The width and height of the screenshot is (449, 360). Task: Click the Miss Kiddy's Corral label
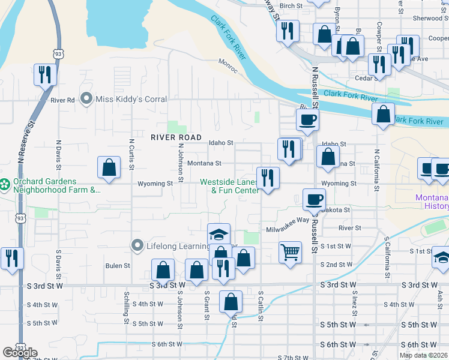pyautogui.click(x=124, y=99)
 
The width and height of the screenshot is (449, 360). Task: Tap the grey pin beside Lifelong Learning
pyautogui.click(x=137, y=245)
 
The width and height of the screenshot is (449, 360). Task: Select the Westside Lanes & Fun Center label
pyautogui.click(x=229, y=186)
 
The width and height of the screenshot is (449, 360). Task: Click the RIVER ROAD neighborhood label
pyautogui.click(x=176, y=137)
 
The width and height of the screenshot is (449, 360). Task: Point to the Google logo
pyautogui.click(x=20, y=353)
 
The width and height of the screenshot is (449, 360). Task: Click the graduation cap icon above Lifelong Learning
pyautogui.click(x=218, y=233)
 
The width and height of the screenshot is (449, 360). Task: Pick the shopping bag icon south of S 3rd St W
pyautogui.click(x=231, y=301)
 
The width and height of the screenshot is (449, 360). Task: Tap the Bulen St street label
pyautogui.click(x=118, y=265)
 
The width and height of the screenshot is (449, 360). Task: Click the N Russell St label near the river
pyautogui.click(x=314, y=85)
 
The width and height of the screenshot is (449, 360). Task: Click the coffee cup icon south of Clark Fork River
pyautogui.click(x=307, y=119)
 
